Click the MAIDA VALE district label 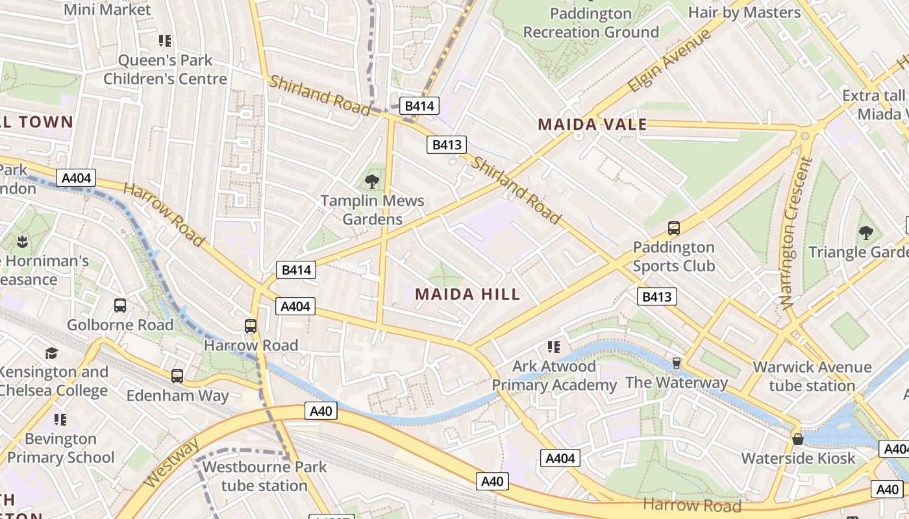[x=592, y=125]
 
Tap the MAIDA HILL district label [x=467, y=294]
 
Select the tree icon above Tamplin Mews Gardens [x=372, y=181]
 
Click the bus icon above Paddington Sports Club [x=674, y=228]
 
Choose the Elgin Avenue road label [x=669, y=61]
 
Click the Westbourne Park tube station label [x=264, y=476]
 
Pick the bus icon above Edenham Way [x=177, y=376]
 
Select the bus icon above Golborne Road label [x=120, y=305]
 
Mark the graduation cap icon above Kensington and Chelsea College [x=51, y=353]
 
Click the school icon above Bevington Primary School [x=60, y=419]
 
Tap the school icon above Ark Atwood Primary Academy [x=553, y=346]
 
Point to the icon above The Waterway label [x=676, y=363]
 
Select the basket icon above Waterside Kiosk [x=798, y=439]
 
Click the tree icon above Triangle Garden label [x=865, y=232]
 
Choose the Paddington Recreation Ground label [x=591, y=23]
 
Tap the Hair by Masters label [x=744, y=12]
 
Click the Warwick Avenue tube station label [x=812, y=376]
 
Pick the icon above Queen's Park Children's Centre [x=165, y=41]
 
